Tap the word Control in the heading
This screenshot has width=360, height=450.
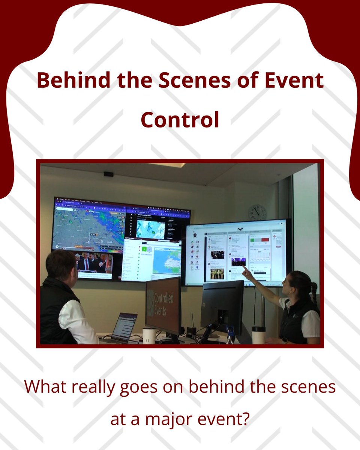pos(180,120)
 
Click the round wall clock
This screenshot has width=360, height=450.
pos(257,212)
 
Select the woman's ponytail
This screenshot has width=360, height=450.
pos(313,288)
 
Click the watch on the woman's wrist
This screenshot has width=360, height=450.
pos(284,340)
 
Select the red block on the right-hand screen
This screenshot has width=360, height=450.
pos(265,240)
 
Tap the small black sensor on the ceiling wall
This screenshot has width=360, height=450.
pos(109,174)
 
